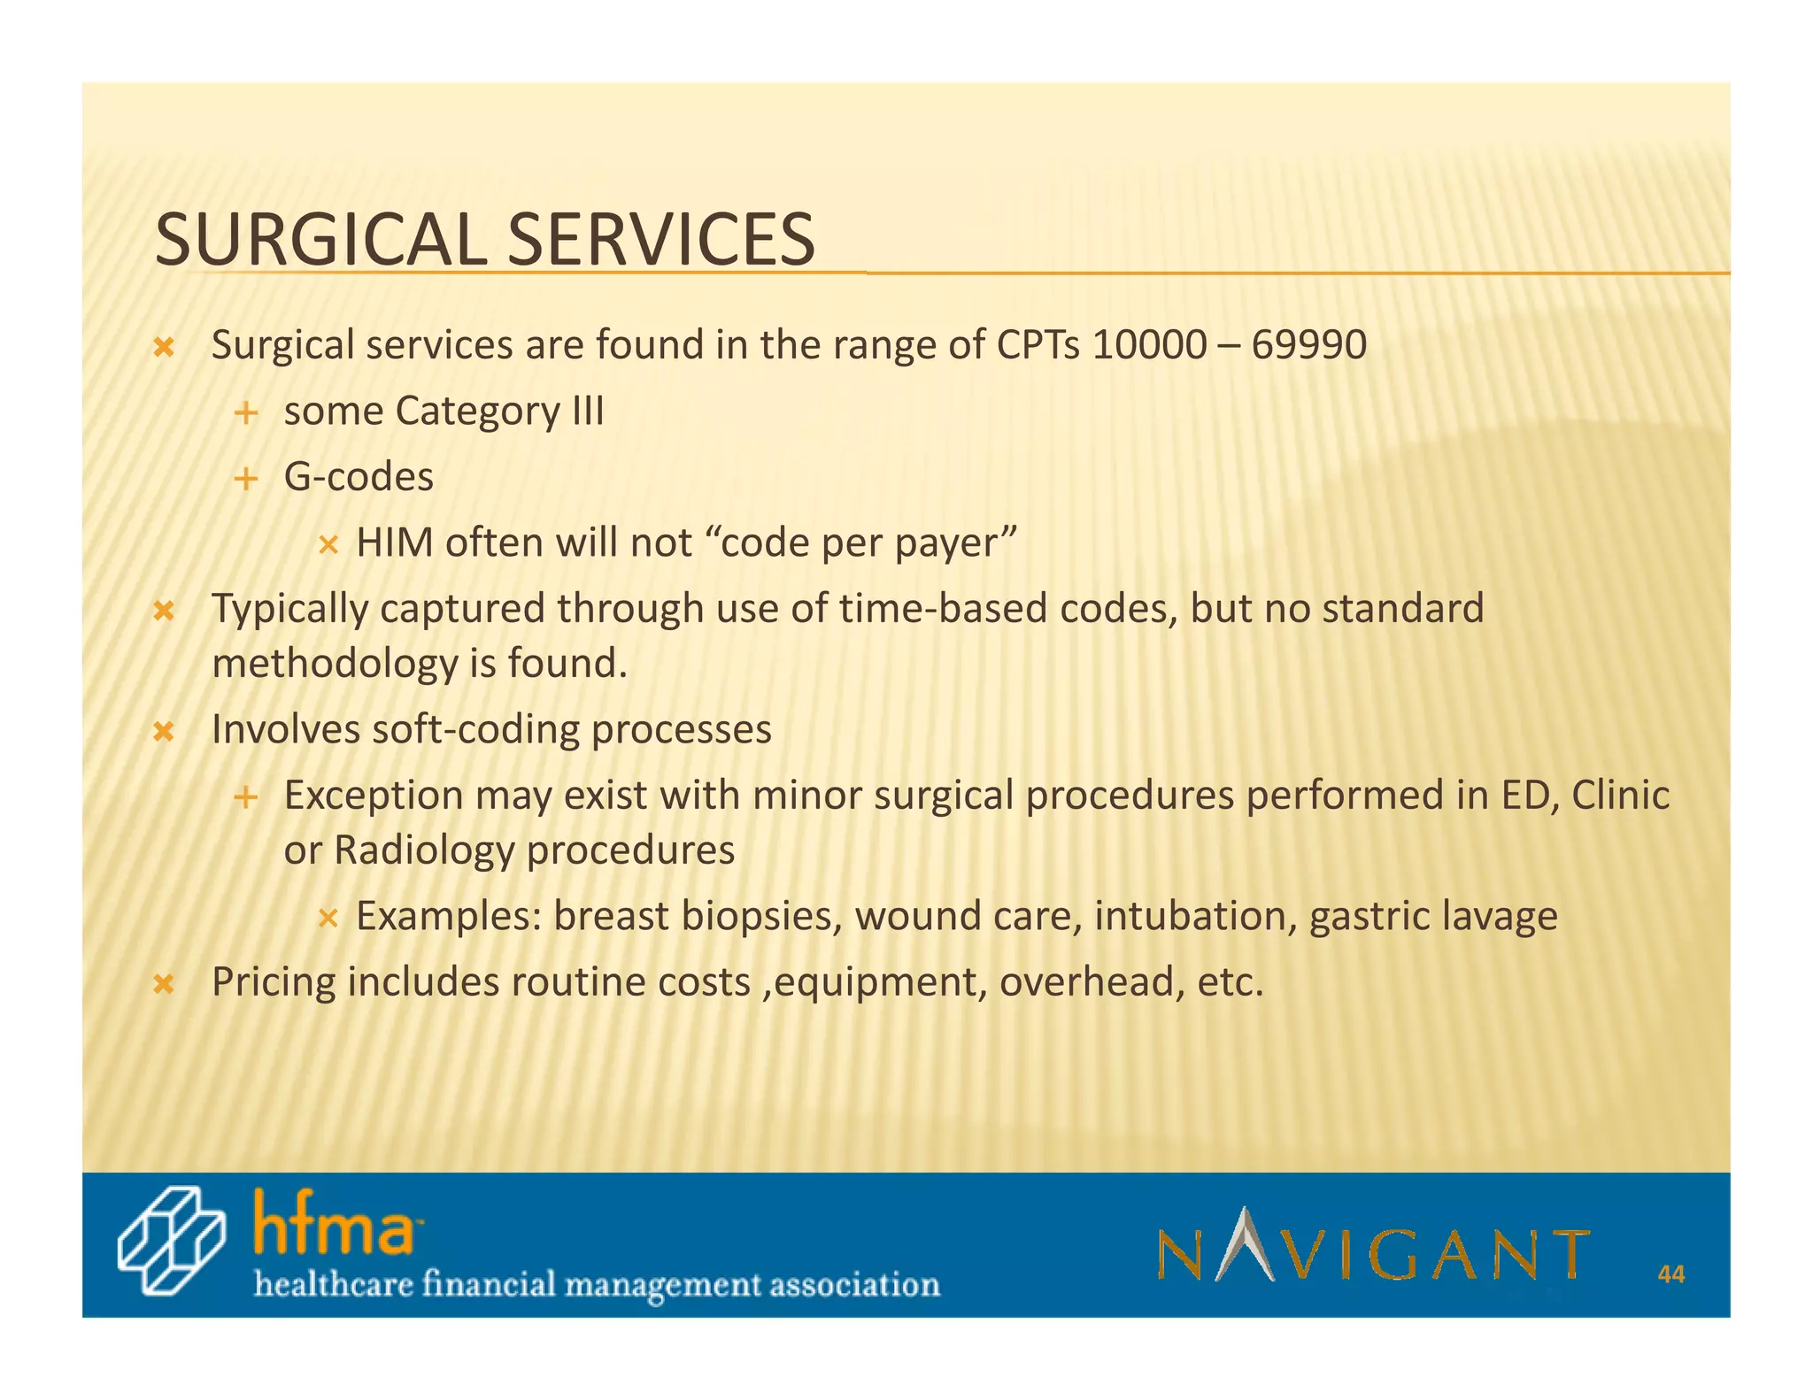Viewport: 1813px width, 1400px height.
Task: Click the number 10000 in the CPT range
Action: click(1148, 345)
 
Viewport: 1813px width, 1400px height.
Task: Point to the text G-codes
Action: click(359, 478)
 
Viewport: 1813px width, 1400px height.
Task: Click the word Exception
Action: click(373, 796)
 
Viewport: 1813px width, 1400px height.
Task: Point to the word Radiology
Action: click(424, 850)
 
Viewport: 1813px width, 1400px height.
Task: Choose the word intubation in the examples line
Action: click(1195, 916)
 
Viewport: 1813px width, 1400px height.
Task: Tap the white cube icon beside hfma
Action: click(172, 1241)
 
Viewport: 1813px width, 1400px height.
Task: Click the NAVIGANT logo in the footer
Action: click(1372, 1246)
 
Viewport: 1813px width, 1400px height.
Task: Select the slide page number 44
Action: click(1670, 1274)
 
